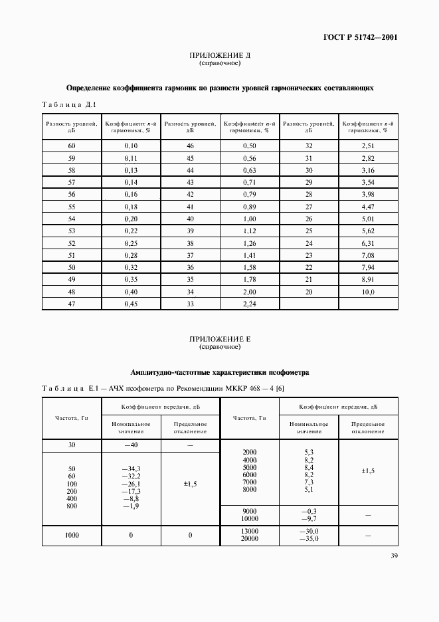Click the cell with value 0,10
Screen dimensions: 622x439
point(130,146)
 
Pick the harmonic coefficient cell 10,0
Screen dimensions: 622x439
point(368,292)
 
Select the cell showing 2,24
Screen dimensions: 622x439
point(249,304)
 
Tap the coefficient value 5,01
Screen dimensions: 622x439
point(368,219)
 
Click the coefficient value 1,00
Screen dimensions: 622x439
point(249,219)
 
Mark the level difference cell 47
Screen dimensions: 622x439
point(72,304)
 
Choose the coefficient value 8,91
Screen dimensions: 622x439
point(368,280)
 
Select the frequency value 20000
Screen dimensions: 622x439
point(250,539)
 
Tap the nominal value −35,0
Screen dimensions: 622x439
point(309,539)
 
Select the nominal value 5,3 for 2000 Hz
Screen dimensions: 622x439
point(309,452)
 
